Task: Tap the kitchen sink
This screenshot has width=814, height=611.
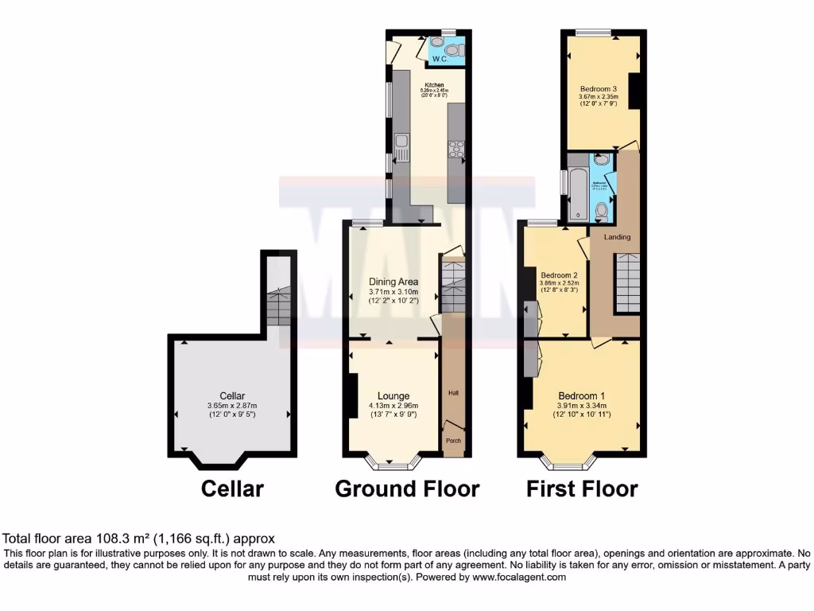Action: pos(401,144)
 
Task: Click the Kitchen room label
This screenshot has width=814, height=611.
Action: pos(433,84)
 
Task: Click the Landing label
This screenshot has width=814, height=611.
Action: pos(618,237)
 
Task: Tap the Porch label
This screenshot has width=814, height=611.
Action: pos(452,441)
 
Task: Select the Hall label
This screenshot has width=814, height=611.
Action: pos(453,393)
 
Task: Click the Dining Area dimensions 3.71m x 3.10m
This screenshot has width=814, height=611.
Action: pos(393,293)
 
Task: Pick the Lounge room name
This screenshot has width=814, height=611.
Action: pos(393,395)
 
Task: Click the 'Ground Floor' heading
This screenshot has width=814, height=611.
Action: pos(407,488)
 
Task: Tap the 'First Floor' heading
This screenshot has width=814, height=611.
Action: pos(582,488)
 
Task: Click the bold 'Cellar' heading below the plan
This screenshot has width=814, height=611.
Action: pos(231,488)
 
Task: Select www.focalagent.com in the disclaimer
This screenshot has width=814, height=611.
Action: pos(518,578)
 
